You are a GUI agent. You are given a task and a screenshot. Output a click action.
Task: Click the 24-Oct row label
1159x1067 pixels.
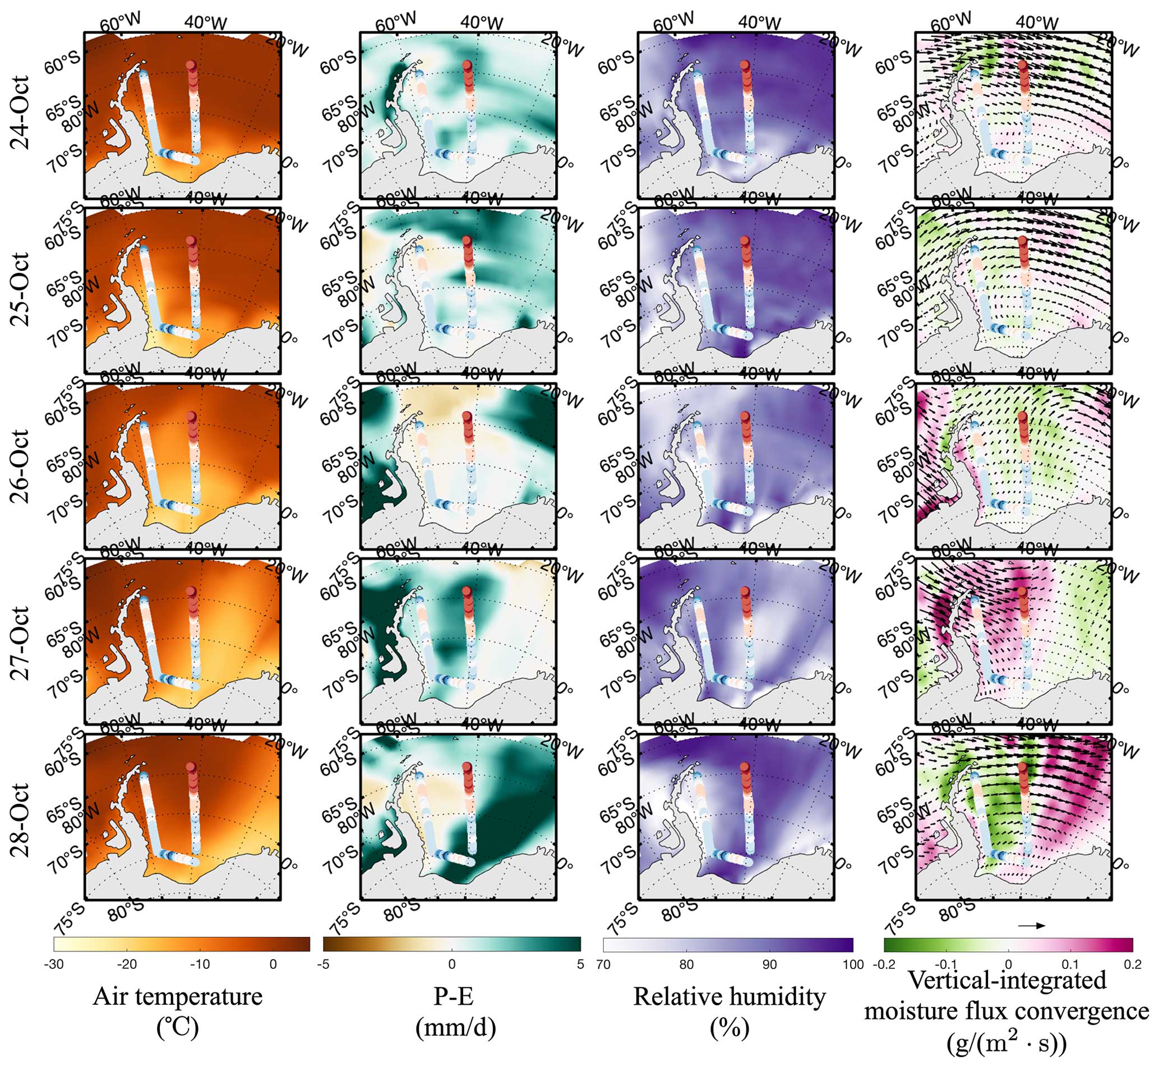21,112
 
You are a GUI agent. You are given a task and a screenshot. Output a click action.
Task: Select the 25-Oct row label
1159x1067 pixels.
21,289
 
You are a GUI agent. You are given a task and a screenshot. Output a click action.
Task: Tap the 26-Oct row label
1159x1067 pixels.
21,465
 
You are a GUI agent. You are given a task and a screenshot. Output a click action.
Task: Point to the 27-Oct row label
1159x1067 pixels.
21,642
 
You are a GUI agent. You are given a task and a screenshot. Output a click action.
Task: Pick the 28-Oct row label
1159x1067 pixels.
21,819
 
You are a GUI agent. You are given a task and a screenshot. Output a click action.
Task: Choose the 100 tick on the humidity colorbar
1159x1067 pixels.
853,964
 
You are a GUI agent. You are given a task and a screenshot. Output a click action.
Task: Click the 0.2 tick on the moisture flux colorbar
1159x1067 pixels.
1133,964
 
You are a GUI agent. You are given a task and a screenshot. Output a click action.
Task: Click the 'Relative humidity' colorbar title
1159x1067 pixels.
729,996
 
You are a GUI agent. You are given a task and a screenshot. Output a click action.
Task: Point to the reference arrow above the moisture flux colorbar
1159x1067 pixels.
1031,926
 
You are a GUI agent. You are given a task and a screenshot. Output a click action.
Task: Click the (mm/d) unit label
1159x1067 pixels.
456,1027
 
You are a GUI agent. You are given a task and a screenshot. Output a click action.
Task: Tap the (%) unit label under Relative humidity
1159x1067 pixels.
729,1028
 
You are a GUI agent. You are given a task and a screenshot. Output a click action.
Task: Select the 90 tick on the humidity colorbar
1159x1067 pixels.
769,964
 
